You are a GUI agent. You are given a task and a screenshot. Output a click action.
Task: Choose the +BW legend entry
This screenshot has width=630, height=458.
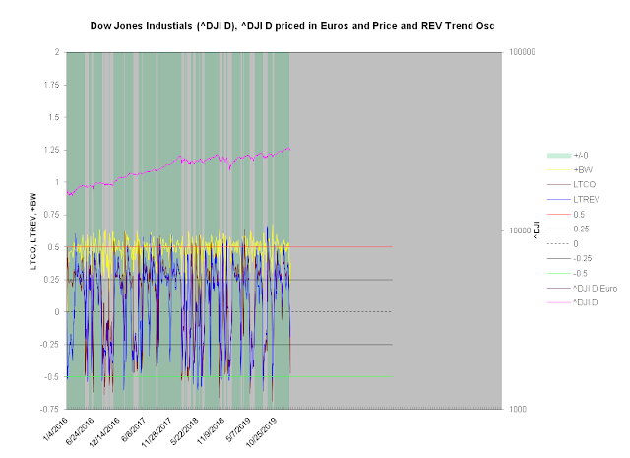583,169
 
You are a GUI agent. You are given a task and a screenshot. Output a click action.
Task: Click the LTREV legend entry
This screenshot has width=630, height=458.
587,199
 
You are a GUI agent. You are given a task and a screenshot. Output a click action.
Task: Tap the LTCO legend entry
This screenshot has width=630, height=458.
586,184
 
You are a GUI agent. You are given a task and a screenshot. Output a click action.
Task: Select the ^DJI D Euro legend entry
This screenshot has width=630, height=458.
597,288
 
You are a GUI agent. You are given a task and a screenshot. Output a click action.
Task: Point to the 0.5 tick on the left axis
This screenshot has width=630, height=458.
51,247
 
